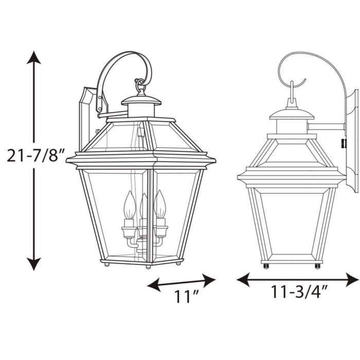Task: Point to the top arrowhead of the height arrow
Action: coord(34,57)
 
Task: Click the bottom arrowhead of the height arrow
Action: coord(34,265)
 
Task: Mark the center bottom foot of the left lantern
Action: coord(148,266)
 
